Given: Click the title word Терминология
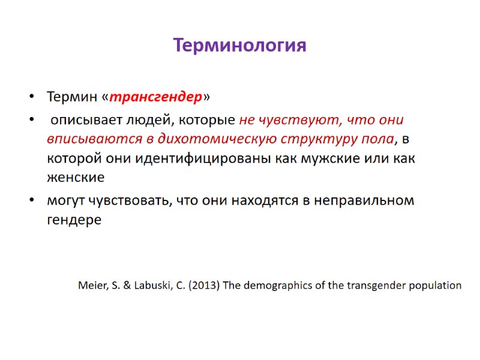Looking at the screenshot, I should click(239, 46).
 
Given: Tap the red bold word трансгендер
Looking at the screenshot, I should click(157, 97).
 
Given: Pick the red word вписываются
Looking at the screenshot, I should click(88, 139).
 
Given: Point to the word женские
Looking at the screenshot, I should click(76, 178).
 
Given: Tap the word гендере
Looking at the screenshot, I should click(74, 220).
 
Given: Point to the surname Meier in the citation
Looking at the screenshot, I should click(92, 285).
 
